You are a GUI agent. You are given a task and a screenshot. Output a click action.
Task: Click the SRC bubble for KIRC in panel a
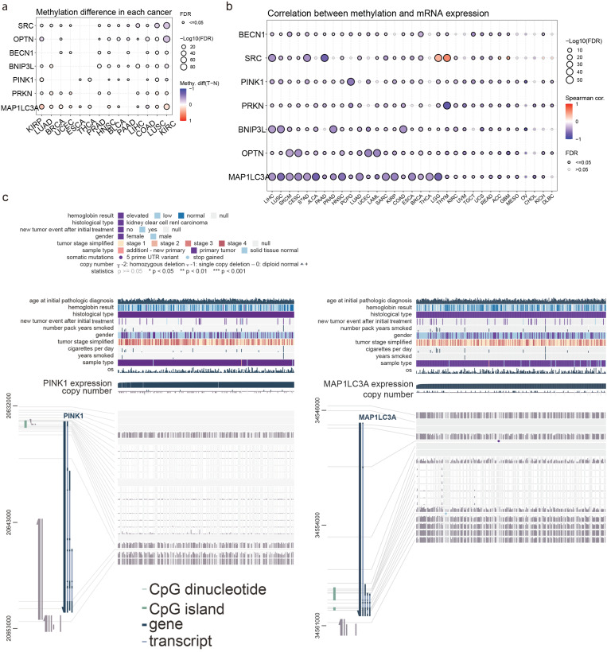[167, 25]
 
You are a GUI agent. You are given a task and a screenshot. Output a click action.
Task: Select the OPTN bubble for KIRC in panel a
[167, 39]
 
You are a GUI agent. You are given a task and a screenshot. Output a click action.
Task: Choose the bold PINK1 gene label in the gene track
[73, 416]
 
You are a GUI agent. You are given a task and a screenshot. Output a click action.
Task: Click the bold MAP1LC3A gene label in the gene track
[379, 417]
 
